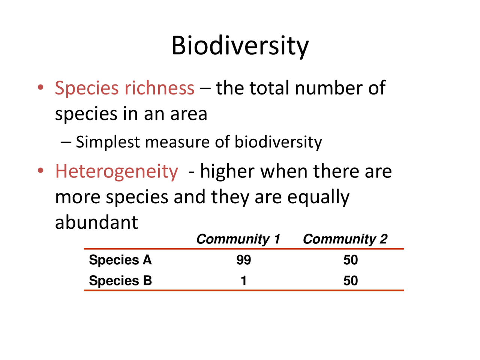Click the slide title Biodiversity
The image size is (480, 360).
coord(240,46)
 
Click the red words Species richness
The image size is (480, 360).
coord(124,88)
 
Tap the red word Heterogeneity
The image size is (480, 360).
coord(116,172)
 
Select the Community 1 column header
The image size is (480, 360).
coord(238,239)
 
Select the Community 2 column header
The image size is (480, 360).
coord(345,239)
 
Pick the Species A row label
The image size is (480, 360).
coord(120,260)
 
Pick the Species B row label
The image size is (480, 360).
coord(120,280)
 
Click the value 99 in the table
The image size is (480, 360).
coord(244,260)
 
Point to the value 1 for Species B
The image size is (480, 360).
coord(244,280)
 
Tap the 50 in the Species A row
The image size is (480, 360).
coord(351,260)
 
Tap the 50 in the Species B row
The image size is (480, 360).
coord(351,280)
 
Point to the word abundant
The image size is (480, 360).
coord(96,222)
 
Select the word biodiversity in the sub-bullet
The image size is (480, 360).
coord(278,142)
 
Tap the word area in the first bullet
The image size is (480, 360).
coord(188,114)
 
